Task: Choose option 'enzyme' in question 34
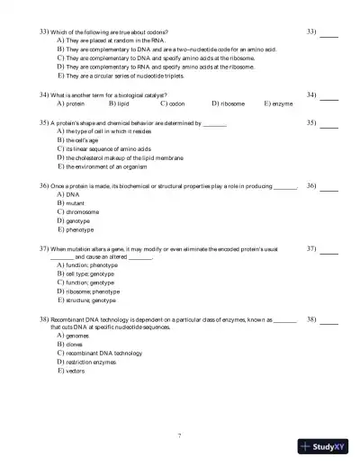281,103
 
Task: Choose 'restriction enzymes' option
90,362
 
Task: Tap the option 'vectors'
76,371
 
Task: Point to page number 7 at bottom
179,435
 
